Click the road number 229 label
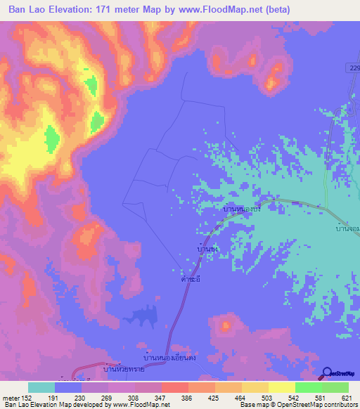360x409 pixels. click(353, 66)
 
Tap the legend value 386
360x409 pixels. click(186, 398)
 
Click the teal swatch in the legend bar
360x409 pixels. click(41, 387)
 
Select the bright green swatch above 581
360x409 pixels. click(309, 387)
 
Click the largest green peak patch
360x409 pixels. click(52, 139)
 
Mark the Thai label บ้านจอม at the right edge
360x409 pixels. click(347, 229)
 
